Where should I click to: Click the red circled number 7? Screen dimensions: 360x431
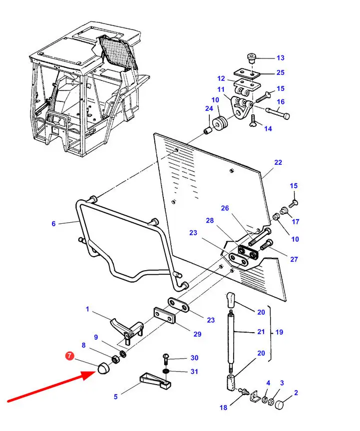[69, 356]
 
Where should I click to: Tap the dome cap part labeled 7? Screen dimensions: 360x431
[103, 368]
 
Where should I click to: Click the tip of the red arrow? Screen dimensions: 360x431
[95, 372]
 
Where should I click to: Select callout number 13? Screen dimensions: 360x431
[280, 58]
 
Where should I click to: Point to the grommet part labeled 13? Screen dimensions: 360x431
[251, 58]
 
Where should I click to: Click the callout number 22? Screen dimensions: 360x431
[278, 162]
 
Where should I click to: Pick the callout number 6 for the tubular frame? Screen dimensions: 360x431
[53, 224]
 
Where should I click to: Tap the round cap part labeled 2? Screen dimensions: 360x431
[279, 405]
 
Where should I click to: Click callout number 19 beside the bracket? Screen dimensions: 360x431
[279, 332]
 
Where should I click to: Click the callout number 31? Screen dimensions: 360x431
[194, 372]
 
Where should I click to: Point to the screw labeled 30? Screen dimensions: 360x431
[165, 360]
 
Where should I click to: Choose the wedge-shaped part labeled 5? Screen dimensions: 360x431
[155, 381]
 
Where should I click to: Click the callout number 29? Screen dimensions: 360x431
[197, 334]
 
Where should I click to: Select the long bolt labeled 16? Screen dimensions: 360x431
[278, 113]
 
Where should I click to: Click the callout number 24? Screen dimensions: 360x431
[209, 108]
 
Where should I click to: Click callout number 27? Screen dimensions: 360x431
[294, 259]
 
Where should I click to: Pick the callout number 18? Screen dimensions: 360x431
[223, 408]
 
